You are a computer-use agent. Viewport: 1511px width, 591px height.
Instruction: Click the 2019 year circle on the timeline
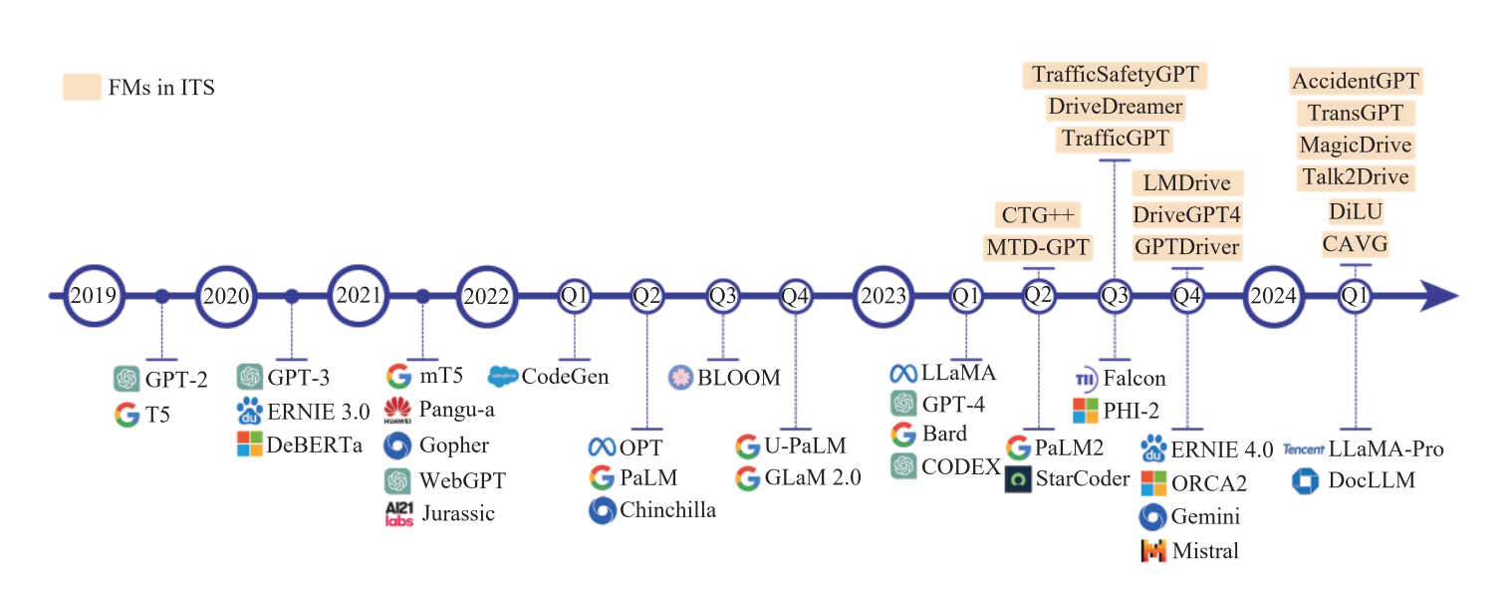tap(94, 296)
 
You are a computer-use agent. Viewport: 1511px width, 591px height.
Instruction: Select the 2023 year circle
tap(883, 296)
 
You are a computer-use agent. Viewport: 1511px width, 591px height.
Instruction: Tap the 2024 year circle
tap(1273, 296)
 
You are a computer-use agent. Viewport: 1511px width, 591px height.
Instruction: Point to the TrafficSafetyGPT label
tap(1115, 75)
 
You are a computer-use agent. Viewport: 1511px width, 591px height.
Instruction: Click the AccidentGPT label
tap(1356, 81)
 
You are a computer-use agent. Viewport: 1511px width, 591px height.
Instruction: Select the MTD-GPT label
tap(1038, 246)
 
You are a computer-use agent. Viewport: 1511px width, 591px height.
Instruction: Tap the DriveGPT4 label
tap(1186, 214)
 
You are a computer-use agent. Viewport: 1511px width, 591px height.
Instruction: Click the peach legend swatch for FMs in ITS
tap(82, 87)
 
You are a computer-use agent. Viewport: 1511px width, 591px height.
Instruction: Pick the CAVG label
tap(1355, 243)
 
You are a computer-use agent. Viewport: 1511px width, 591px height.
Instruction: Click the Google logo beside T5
tap(126, 414)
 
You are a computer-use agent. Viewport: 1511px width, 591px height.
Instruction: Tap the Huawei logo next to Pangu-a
tap(397, 410)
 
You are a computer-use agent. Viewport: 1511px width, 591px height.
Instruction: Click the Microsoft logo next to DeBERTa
tap(249, 444)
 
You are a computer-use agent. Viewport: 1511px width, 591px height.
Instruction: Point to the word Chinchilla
tap(667, 510)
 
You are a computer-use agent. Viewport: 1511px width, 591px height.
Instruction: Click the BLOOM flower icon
tap(680, 378)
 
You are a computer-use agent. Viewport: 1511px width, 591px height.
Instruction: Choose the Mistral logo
tap(1152, 550)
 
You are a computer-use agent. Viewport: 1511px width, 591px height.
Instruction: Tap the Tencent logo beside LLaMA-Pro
tap(1303, 449)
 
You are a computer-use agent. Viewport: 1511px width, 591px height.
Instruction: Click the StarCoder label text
tap(1084, 478)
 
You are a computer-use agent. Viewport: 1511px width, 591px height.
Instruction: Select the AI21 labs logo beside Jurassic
tap(397, 514)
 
